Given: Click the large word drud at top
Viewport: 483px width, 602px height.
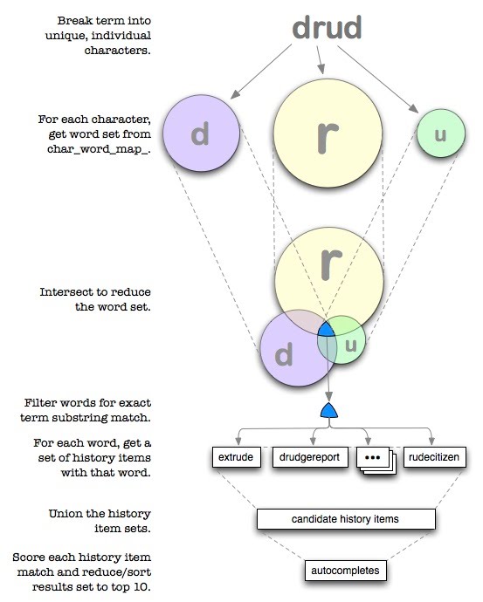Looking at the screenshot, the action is click(x=327, y=27).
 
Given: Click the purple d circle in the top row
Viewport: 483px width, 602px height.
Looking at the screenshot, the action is click(x=202, y=133).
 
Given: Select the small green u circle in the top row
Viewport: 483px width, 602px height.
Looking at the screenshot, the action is click(x=441, y=133).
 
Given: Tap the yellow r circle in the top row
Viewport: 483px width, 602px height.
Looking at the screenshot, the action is click(x=328, y=133).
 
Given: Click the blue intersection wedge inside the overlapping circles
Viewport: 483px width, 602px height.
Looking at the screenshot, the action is click(x=327, y=330).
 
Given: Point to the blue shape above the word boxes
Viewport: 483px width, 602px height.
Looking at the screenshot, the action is click(x=329, y=410).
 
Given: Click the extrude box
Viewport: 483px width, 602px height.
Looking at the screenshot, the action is click(x=237, y=457).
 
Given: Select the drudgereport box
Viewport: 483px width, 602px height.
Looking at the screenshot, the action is click(x=310, y=457).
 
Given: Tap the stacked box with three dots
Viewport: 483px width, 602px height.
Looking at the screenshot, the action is click(x=376, y=460).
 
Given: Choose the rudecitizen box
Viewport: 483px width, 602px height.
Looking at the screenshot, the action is click(x=434, y=457).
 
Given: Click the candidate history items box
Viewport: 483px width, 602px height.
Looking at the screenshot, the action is click(x=346, y=519).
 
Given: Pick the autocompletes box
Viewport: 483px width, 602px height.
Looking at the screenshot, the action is click(x=345, y=571).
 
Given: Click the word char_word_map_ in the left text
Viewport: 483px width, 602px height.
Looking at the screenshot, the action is click(x=99, y=149).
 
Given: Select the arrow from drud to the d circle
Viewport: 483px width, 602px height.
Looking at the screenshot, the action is click(x=261, y=72).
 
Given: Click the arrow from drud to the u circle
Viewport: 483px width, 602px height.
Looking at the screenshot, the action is click(x=377, y=79).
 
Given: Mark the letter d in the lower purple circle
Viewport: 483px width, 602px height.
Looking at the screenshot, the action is click(x=284, y=354).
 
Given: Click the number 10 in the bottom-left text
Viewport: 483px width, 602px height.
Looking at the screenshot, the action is click(x=142, y=587).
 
